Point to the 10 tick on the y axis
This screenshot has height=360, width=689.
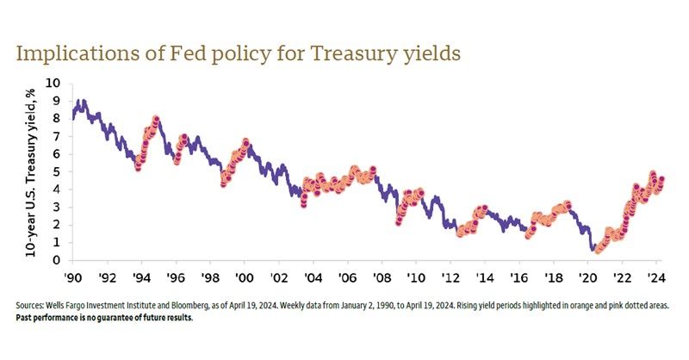click(x=55, y=83)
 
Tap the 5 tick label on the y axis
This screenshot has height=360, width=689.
click(x=58, y=171)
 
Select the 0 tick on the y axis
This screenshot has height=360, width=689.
click(x=58, y=260)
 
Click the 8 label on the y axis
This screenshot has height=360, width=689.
click(x=58, y=119)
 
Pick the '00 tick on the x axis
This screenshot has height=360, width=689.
click(x=245, y=278)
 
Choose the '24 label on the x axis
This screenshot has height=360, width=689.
click(x=655, y=278)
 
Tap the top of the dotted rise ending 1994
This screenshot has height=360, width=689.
click(x=156, y=119)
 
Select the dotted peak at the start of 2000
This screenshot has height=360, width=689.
click(x=245, y=141)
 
